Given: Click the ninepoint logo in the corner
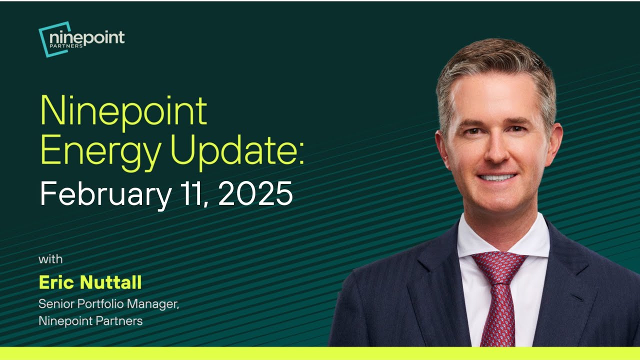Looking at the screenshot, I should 81,39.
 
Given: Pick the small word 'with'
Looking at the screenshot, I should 50,259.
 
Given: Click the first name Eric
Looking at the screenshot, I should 57,282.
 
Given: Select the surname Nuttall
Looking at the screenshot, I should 111,282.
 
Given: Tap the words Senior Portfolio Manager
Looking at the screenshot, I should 108,303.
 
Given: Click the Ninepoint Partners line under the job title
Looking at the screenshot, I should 90,320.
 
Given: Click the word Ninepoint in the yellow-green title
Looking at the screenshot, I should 123,111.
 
